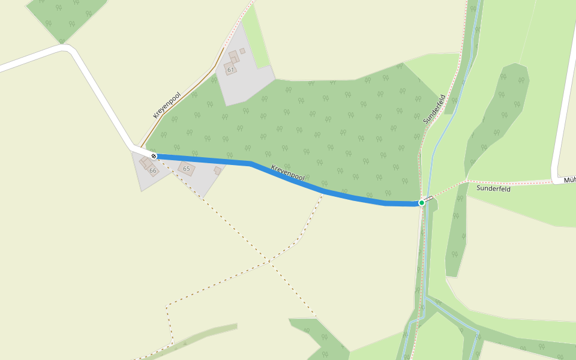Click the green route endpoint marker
422,203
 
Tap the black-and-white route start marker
154,156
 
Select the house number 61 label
230,70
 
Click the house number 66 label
153,171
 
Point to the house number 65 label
187,169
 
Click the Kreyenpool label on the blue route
288,173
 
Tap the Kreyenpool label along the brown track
167,105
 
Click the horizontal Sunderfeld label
493,188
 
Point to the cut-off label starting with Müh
569,179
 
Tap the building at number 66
148,164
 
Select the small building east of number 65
218,170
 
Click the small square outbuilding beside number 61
242,52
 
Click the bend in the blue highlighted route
251,163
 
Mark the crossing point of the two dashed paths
269,262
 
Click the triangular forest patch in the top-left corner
65,17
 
